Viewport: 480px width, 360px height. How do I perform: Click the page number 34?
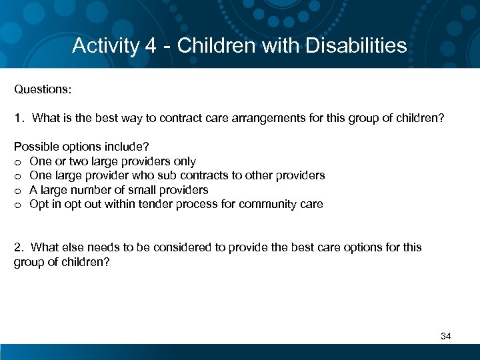(x=446, y=336)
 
